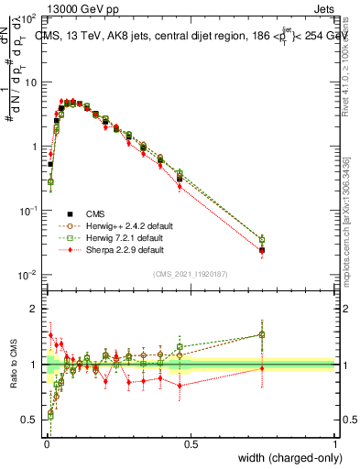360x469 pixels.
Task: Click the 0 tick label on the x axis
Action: pyautogui.click(x=45, y=445)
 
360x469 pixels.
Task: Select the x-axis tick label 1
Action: pyautogui.click(x=335, y=445)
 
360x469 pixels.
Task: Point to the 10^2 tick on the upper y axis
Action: pyautogui.click(x=27, y=18)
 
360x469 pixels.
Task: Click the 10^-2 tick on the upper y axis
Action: pyautogui.click(x=27, y=275)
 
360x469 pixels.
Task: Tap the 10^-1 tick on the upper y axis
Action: pyautogui.click(x=27, y=211)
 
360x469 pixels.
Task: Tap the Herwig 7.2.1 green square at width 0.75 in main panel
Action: pyautogui.click(x=262, y=239)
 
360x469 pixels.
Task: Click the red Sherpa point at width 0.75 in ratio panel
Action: pyautogui.click(x=262, y=368)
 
